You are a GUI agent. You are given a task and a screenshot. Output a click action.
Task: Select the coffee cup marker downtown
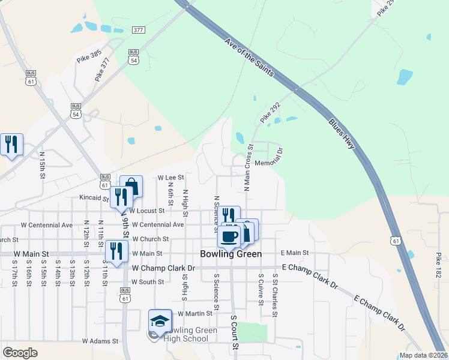tap(229, 235)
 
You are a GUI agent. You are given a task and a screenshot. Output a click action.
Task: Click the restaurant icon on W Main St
tap(116, 250)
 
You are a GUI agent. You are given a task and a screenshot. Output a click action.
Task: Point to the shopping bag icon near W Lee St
tap(131, 186)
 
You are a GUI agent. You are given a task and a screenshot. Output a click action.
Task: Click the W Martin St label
tap(193, 313)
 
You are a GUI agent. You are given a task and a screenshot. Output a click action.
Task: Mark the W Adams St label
tap(100, 341)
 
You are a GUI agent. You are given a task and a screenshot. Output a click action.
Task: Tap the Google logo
tap(20, 353)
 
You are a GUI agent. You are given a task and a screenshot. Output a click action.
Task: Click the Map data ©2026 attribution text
tap(423, 355)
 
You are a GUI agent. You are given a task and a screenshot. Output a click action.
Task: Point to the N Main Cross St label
tap(247, 167)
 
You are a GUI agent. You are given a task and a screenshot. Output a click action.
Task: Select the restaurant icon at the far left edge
tap(11, 144)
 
